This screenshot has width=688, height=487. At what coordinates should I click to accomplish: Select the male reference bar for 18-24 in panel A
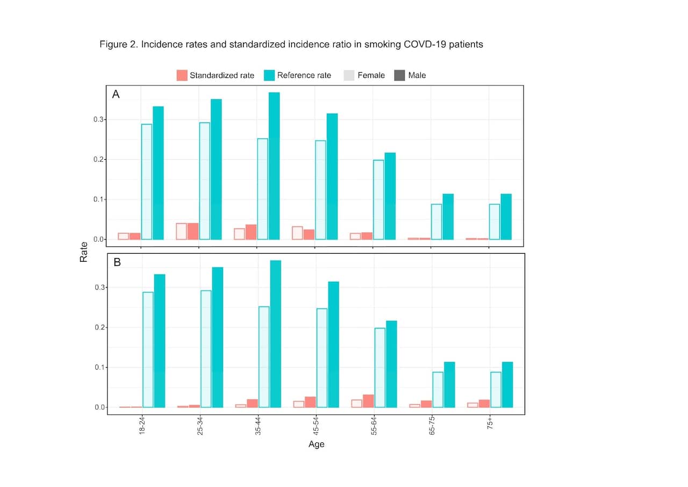coord(158,173)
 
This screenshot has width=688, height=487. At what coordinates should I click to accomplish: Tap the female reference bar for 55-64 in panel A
coord(378,199)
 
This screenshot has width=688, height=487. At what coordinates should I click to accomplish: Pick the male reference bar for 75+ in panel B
coord(507,384)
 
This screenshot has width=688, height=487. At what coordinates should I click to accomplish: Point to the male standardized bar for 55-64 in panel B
coord(368,401)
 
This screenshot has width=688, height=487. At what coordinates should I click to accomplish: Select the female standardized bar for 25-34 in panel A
coord(181,231)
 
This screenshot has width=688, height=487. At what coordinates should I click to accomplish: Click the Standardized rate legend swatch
coord(182,75)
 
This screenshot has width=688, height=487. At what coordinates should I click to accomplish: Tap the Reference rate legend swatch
coord(269,75)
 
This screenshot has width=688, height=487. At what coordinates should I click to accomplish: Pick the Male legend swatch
coord(400,75)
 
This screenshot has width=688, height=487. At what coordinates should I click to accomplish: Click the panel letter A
coord(116,95)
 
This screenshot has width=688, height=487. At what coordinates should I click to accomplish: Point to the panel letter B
coord(117,263)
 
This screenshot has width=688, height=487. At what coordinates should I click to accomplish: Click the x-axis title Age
coord(316,445)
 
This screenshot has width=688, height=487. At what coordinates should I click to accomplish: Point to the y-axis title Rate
coord(84,253)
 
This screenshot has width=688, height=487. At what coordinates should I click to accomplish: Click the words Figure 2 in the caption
coord(118,45)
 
